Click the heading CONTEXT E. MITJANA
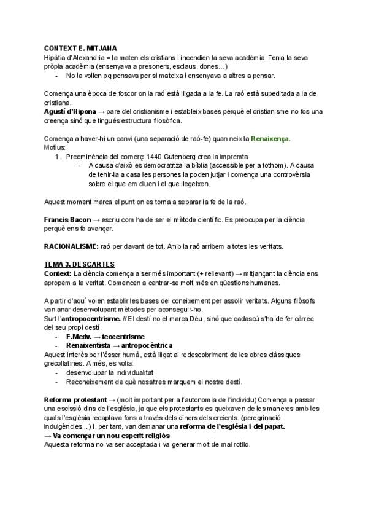click(x=82, y=49)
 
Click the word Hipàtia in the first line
click(x=56, y=57)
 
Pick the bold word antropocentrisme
click(x=94, y=319)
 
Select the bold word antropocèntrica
click(x=142, y=346)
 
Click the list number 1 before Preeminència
click(x=58, y=157)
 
